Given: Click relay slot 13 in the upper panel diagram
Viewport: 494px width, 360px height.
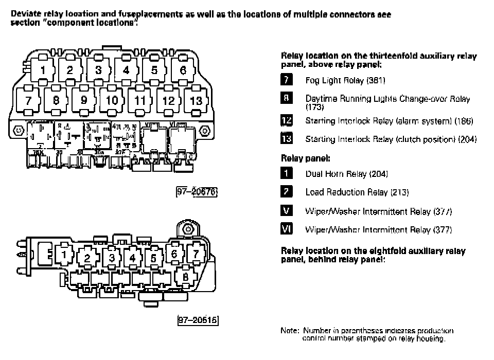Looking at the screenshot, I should [196, 100].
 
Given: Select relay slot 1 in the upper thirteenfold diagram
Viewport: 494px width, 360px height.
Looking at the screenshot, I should [43, 70].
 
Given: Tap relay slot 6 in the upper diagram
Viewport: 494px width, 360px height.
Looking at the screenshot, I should [182, 70].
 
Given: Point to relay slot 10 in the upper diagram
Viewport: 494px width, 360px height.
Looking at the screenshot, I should [112, 100].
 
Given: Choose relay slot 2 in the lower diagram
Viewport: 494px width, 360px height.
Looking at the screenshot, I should [87, 258].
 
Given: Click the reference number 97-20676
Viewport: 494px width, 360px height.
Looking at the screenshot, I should [198, 192].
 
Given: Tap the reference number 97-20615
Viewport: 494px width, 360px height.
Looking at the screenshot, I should [198, 320].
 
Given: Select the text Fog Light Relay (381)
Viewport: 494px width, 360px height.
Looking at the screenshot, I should [345, 81].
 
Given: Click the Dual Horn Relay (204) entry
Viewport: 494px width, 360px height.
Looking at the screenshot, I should [346, 174].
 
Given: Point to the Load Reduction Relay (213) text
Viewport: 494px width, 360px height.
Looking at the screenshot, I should [357, 192].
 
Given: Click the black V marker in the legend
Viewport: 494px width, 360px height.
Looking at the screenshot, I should [287, 211].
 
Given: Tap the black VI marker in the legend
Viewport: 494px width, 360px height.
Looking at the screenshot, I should [287, 229].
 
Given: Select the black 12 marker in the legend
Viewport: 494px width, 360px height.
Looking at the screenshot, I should [287, 121].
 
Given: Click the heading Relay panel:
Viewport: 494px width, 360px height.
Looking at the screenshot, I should [305, 158].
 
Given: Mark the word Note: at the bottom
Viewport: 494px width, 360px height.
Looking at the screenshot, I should [290, 331].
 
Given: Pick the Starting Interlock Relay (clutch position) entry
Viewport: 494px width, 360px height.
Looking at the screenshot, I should [391, 139].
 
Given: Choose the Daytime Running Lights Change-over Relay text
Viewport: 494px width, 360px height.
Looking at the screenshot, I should [387, 99].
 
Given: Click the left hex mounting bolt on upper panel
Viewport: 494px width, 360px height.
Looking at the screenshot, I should [19, 131].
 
